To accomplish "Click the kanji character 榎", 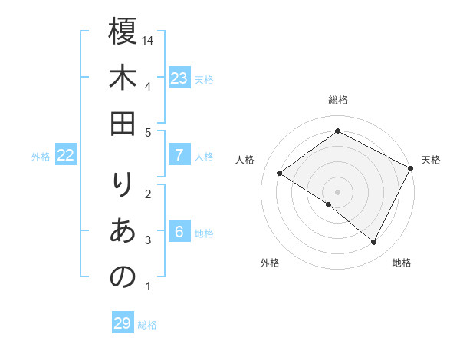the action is pos(123,31).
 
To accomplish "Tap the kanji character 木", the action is pos(123,78).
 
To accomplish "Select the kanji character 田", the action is pos(123,124).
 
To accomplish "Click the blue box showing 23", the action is pos(179,78).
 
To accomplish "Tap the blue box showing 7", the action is pos(179,155).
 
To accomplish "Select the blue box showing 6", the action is pos(179,232).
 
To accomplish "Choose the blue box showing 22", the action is pos(66,155).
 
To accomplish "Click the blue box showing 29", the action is pos(123,323).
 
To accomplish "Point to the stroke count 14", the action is pos(149,41).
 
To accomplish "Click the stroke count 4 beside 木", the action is pos(148,86).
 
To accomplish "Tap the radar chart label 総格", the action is pos(338,100).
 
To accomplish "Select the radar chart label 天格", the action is pos(432,160).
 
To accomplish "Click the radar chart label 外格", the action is pos(269,263).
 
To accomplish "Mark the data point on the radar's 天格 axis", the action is pos(411,168).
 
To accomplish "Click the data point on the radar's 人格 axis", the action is pos(279,174).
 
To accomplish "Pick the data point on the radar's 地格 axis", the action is pos(374,243).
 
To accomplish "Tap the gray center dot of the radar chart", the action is pos(337,191).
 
